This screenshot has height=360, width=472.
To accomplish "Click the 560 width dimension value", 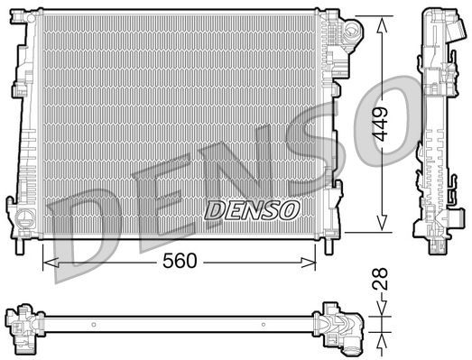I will pyautogui.click(x=179, y=263).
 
